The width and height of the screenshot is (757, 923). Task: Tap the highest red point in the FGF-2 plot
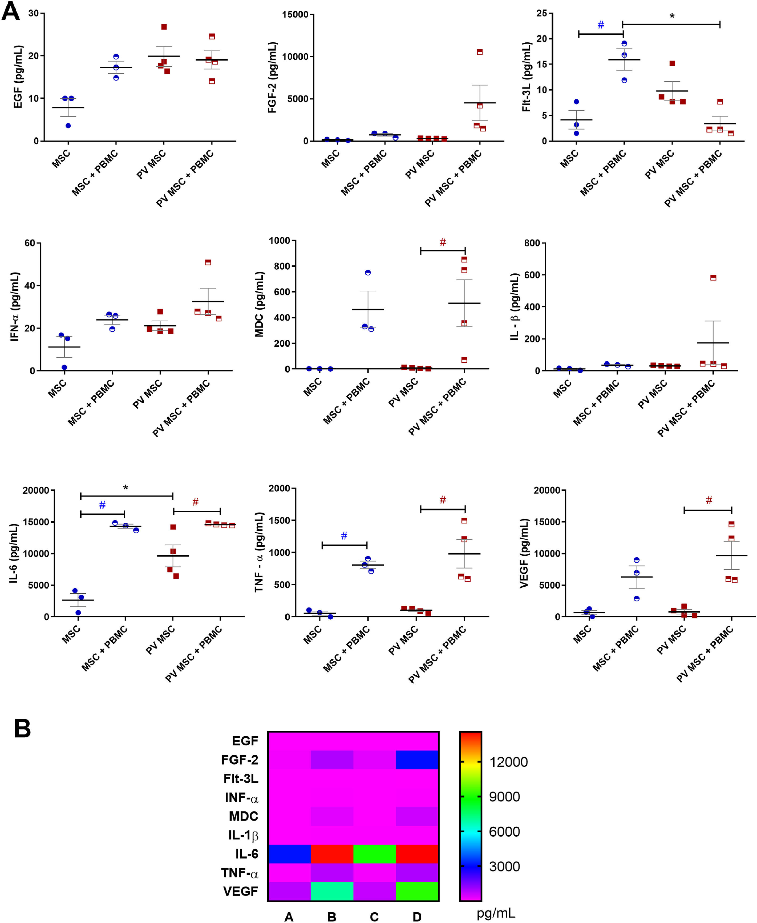pyautogui.click(x=480, y=52)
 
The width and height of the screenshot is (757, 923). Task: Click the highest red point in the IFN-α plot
pyautogui.click(x=208, y=262)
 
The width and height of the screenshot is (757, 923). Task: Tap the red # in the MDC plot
pyautogui.click(x=443, y=242)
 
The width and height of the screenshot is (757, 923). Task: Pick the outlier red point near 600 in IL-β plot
pyautogui.click(x=713, y=278)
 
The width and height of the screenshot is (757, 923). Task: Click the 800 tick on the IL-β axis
pyautogui.click(x=532, y=243)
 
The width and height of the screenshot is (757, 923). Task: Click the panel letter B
pyautogui.click(x=23, y=728)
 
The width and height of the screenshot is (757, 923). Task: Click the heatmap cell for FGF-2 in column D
pyautogui.click(x=417, y=760)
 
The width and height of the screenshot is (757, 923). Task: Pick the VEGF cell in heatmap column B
pyautogui.click(x=331, y=891)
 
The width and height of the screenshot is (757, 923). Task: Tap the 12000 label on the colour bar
pyautogui.click(x=508, y=762)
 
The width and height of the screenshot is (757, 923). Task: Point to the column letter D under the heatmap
pyautogui.click(x=417, y=917)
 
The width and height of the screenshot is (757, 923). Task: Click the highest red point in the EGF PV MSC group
pyautogui.click(x=164, y=27)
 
